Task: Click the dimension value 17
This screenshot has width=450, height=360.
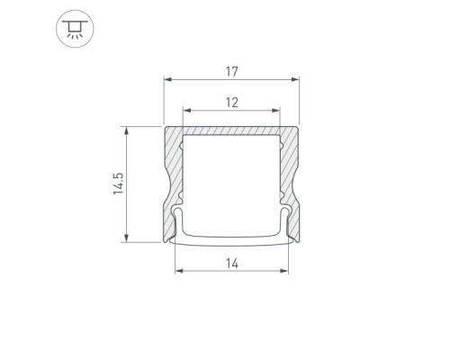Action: pyautogui.click(x=231, y=72)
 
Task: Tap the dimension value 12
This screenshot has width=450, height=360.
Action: pyautogui.click(x=231, y=103)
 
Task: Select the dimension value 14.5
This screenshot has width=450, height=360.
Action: pyautogui.click(x=118, y=184)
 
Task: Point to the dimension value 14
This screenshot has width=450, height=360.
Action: pyautogui.click(x=232, y=264)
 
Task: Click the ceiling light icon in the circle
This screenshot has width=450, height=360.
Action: pyautogui.click(x=75, y=29)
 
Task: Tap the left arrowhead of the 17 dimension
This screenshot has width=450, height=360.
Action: pyautogui.click(x=167, y=79)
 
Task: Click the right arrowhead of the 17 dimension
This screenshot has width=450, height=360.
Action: pyautogui.click(x=295, y=79)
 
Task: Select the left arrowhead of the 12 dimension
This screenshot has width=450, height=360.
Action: pyautogui.click(x=187, y=111)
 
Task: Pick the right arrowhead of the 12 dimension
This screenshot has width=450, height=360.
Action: pyautogui.click(x=275, y=111)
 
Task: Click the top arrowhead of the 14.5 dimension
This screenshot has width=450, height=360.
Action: pyautogui.click(x=126, y=130)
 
